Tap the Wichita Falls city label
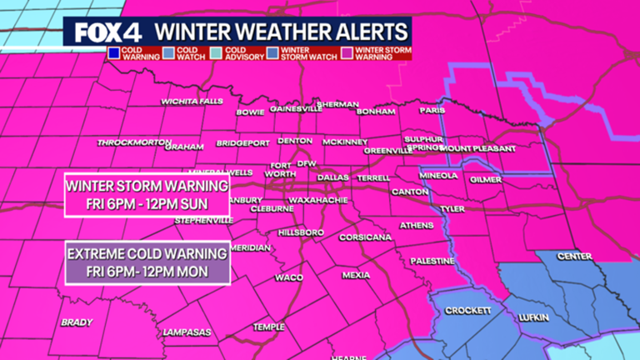(x=188, y=102)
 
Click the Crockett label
(x=463, y=310)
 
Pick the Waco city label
(x=289, y=277)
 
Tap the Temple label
(x=269, y=327)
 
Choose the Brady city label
(x=76, y=322)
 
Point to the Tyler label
(x=452, y=208)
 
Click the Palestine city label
(x=431, y=261)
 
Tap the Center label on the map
(x=574, y=257)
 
